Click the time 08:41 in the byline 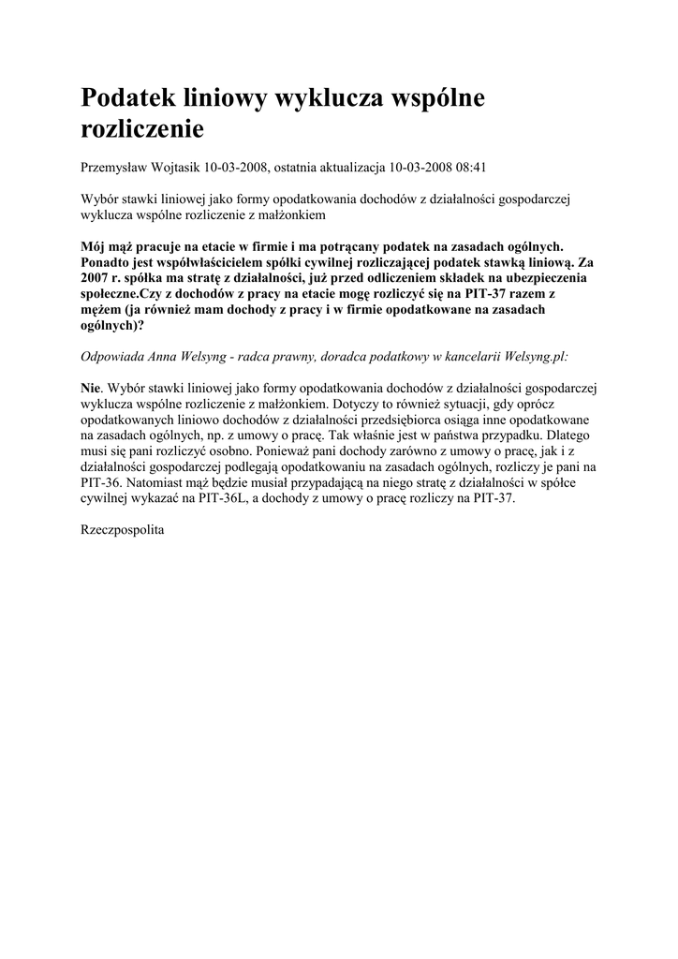coord(471,168)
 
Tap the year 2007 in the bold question coord(97,278)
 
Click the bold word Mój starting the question coord(96,246)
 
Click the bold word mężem coord(100,310)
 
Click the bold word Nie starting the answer coord(92,388)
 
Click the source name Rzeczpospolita coord(123,530)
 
